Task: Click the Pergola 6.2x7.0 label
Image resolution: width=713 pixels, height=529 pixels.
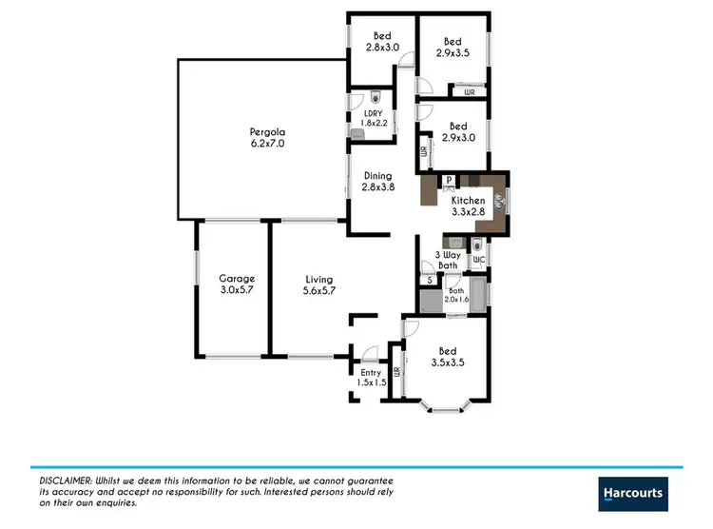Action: pyautogui.click(x=267, y=137)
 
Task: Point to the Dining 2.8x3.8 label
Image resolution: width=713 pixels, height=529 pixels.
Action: pyautogui.click(x=377, y=181)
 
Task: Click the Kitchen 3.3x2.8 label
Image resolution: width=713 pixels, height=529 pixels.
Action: pyautogui.click(x=467, y=206)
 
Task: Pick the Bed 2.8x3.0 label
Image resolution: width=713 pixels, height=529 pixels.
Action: pyautogui.click(x=382, y=42)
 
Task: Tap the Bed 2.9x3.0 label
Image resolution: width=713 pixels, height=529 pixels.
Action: pyautogui.click(x=458, y=131)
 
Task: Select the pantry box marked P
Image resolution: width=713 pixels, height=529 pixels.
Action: pyautogui.click(x=448, y=181)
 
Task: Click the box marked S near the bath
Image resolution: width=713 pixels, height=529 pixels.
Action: pyautogui.click(x=430, y=280)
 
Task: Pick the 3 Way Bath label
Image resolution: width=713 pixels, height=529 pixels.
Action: pyautogui.click(x=447, y=260)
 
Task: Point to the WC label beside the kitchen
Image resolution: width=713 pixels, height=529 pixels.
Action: pyautogui.click(x=479, y=260)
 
